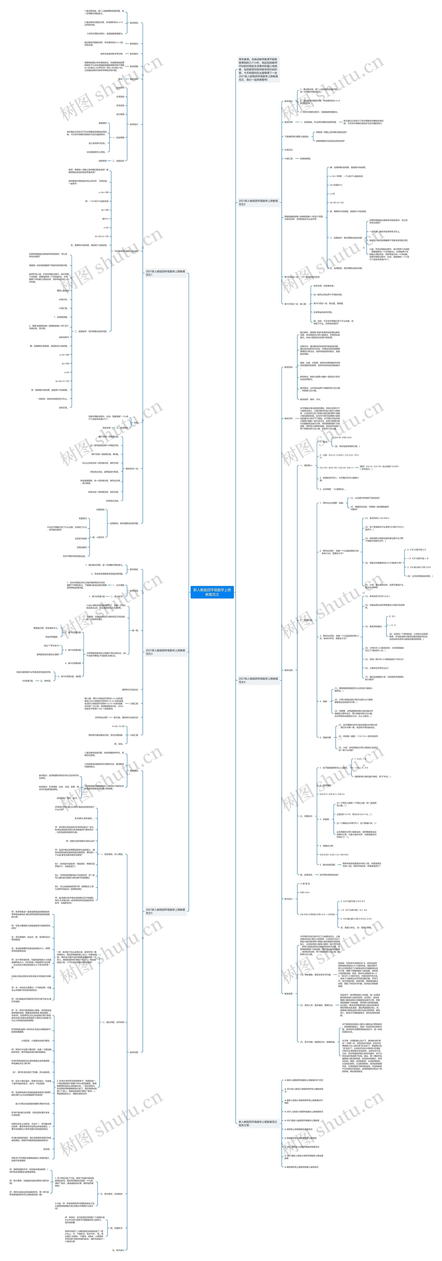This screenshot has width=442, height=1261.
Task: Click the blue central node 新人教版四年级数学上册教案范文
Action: [x=212, y=592]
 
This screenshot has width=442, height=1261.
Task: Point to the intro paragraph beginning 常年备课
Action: [x=258, y=69]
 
